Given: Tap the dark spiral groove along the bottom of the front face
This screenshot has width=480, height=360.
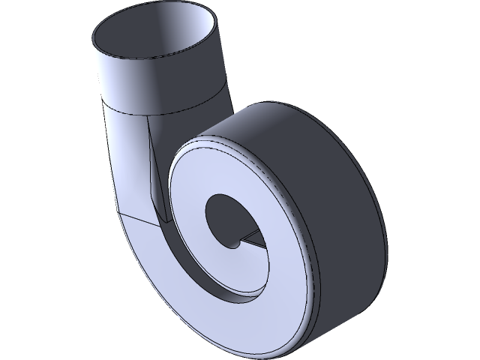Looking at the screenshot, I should (225, 289).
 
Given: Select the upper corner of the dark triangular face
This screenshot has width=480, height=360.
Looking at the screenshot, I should (149, 120).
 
